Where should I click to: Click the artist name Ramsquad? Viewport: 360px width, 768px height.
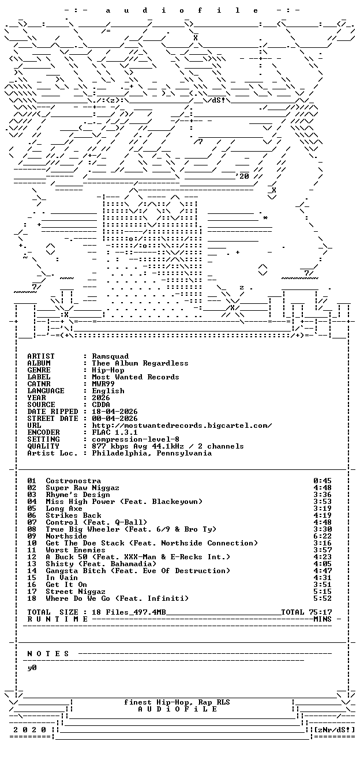[x=110, y=356]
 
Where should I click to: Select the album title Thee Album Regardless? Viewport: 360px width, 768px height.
[x=140, y=363]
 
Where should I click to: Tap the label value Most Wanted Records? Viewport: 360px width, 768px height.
[x=135, y=377]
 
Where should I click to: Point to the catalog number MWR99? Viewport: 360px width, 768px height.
[x=103, y=384]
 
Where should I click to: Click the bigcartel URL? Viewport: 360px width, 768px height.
[x=182, y=426]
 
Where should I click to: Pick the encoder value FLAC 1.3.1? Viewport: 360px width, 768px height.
[x=115, y=432]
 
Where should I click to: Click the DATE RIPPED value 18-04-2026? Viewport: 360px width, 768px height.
[x=115, y=412]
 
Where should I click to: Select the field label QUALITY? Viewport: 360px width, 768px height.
[x=43, y=446]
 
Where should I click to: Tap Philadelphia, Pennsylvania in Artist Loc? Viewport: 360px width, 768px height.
[x=152, y=453]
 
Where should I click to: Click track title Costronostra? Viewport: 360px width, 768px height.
[x=73, y=481]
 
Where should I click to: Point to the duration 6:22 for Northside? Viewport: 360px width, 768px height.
[x=322, y=536]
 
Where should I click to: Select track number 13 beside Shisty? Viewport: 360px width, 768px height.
[x=32, y=564]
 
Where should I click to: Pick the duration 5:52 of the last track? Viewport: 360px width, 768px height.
[x=322, y=598]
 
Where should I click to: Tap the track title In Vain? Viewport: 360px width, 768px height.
[x=62, y=578]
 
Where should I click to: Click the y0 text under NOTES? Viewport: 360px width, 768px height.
[x=32, y=668]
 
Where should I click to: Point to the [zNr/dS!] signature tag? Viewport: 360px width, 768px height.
[x=335, y=730]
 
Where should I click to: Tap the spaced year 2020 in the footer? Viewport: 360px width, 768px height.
[x=29, y=730]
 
